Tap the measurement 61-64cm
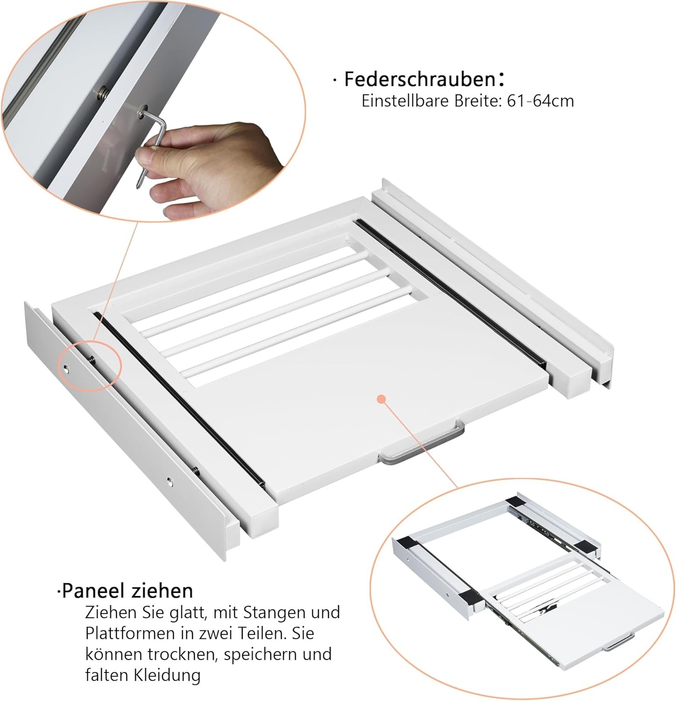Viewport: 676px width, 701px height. coord(540,101)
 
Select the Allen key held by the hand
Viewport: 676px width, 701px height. coord(153,140)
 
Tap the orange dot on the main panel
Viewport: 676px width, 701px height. coord(382,399)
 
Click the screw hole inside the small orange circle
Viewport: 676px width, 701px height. coord(68,368)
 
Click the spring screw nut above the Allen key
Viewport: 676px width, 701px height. coord(101,93)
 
